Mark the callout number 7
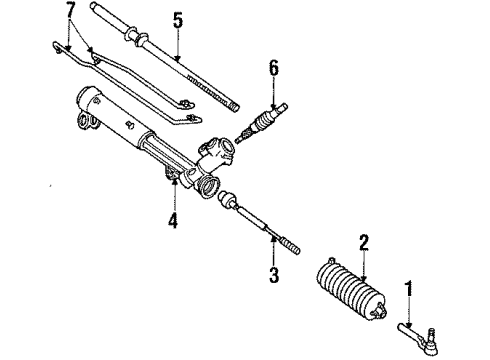click(68, 13)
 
